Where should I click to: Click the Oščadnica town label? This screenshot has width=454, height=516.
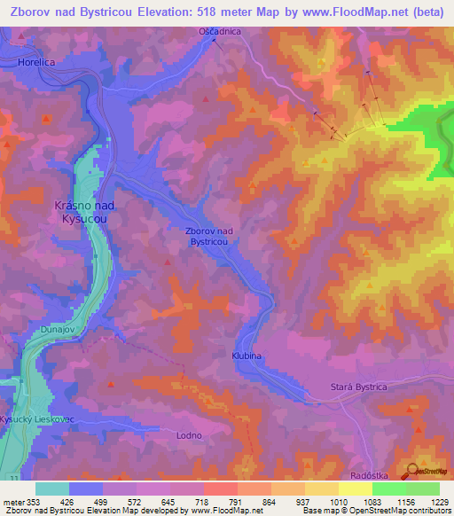click(x=219, y=31)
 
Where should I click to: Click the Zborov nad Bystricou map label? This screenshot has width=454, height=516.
click(x=209, y=236)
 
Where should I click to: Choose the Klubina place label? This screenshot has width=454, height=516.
click(x=248, y=355)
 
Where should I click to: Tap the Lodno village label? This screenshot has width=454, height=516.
click(x=189, y=435)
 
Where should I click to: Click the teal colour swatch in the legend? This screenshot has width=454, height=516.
click(x=52, y=489)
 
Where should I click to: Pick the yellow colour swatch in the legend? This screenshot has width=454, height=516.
click(x=356, y=489)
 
